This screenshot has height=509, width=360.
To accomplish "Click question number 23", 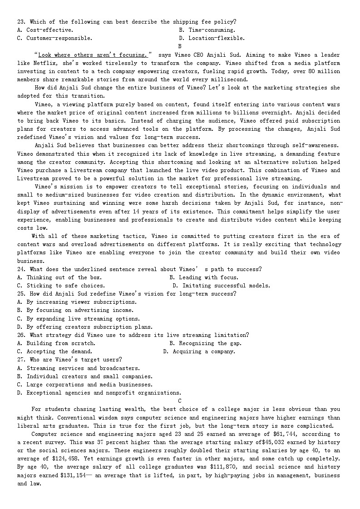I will coord(21,22).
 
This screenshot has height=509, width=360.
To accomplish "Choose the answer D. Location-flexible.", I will coord(212,38).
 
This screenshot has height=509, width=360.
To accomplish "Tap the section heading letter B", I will coord(180,46).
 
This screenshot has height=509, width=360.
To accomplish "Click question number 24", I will coord(21,269).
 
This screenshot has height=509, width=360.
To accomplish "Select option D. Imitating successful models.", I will coord(221,286).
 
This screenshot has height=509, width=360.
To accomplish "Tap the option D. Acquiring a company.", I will coord(199,351).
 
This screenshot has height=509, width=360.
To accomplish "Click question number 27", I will coord(21,360).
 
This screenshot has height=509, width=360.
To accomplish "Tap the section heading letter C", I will coord(180,401).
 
